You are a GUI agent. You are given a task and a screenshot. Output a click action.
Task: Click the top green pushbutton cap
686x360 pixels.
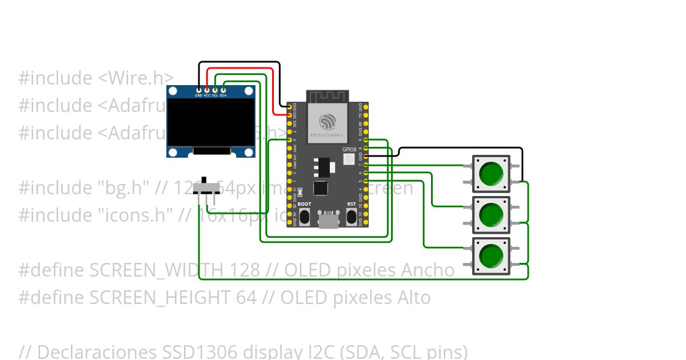491,174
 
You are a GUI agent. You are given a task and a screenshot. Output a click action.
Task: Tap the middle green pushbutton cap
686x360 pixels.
491,214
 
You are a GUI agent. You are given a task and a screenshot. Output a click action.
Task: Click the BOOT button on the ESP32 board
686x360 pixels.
304,217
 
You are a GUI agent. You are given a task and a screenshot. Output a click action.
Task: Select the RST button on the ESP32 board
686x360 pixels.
351,217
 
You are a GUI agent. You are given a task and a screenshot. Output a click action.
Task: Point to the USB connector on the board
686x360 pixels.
328,220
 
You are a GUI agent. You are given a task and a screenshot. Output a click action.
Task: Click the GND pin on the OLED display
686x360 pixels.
198,90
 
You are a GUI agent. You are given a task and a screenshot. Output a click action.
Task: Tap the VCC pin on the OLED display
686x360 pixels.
206,90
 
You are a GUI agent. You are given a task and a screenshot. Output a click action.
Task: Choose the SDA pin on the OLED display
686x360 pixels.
223,90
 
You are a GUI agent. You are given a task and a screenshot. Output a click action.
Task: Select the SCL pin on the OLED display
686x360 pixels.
215,90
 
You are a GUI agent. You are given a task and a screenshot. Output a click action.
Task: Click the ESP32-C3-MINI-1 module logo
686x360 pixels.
328,121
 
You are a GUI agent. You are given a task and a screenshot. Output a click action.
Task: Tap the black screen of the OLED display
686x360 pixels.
210,123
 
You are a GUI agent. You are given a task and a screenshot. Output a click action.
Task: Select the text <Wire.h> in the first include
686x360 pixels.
135,78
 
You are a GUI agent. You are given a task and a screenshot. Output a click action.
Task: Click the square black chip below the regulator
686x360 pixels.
321,188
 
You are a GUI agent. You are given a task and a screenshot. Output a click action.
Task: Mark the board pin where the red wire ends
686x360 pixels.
289,115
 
